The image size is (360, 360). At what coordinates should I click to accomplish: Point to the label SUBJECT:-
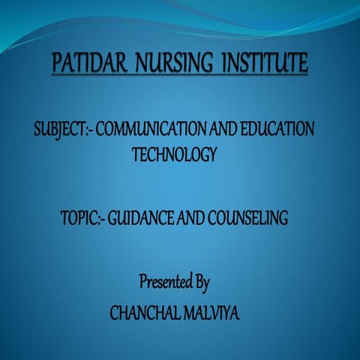point(62,129)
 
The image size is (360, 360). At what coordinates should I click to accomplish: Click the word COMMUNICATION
point(150,129)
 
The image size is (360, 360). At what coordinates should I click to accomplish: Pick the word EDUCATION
point(275,129)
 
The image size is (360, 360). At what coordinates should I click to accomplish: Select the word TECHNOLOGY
point(174,154)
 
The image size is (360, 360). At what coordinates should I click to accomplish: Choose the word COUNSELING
point(246,219)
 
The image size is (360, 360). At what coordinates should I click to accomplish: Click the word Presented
point(165,283)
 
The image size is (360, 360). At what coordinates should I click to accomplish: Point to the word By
point(201,283)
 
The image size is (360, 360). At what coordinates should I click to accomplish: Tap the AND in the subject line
point(222,129)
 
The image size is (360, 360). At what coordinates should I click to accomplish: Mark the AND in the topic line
point(187,219)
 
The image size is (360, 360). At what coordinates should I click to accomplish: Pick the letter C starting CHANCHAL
point(114,310)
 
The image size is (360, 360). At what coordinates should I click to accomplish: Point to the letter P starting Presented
point(143,283)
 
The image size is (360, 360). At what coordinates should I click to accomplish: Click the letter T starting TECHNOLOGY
point(135,154)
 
